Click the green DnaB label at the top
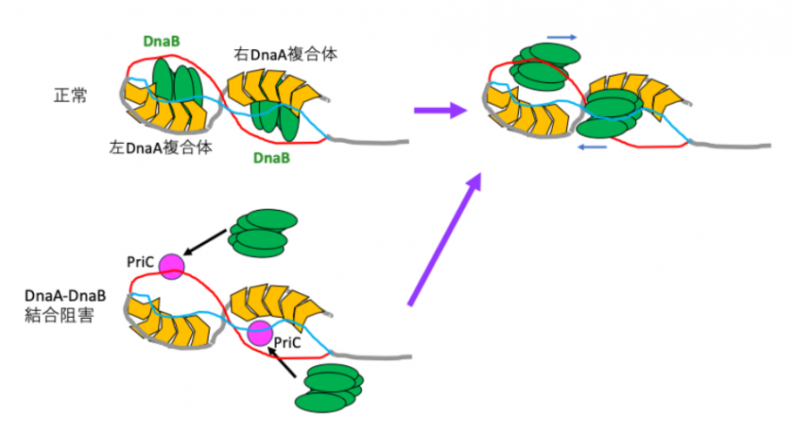pyautogui.click(x=163, y=42)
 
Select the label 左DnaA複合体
pyautogui.click(x=160, y=148)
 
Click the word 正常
pyautogui.click(x=70, y=96)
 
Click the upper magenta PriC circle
pyautogui.click(x=171, y=267)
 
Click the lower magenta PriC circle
pyautogui.click(x=258, y=333)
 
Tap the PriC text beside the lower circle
pyautogui.click(x=287, y=343)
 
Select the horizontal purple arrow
pyautogui.click(x=440, y=111)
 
